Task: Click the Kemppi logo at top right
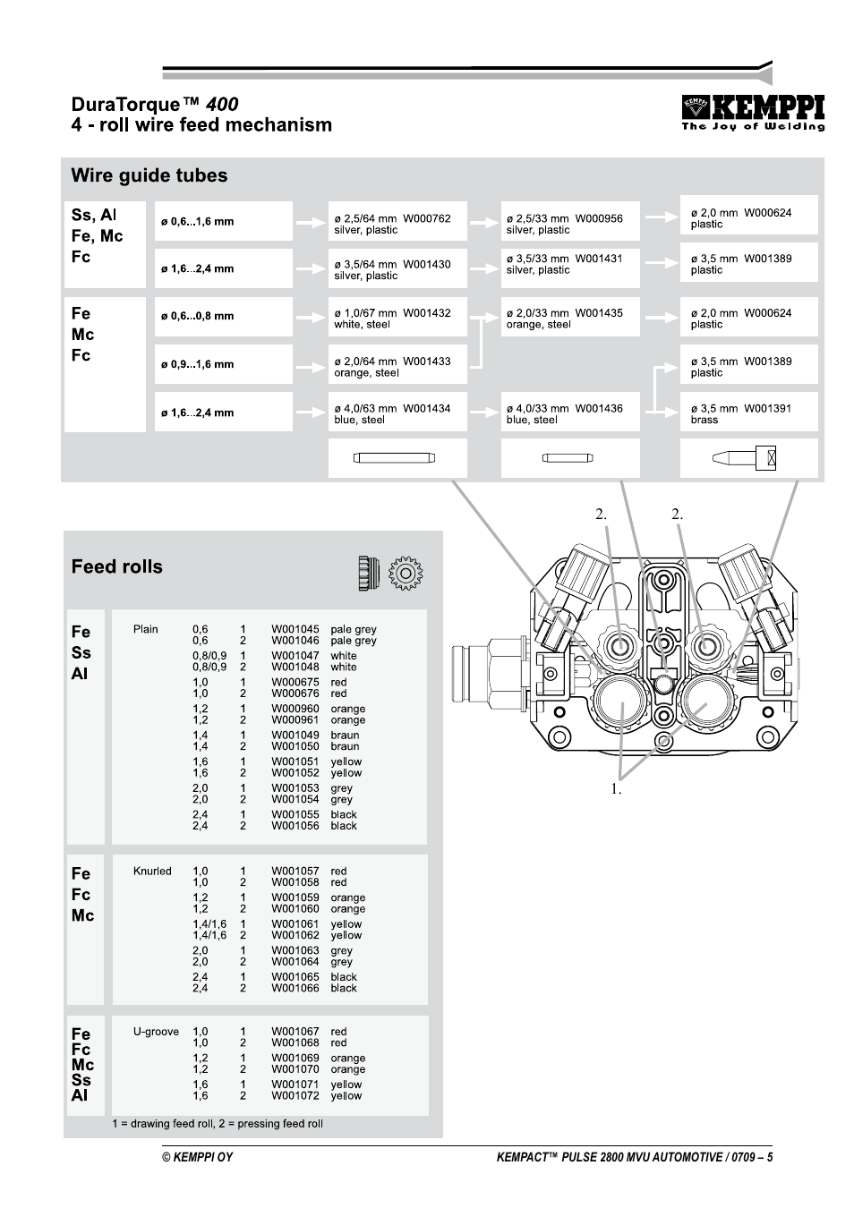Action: click(x=752, y=113)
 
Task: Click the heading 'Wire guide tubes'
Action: click(x=149, y=175)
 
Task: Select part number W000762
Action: click(x=426, y=218)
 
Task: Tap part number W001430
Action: click(x=426, y=265)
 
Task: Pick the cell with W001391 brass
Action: click(x=748, y=413)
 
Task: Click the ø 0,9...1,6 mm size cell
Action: click(x=223, y=364)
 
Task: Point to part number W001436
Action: click(x=598, y=409)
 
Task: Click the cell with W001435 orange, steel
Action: click(x=569, y=319)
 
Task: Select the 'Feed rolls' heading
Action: click(x=117, y=566)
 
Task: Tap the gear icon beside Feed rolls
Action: click(x=406, y=573)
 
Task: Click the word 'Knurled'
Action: click(x=152, y=872)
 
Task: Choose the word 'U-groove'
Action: click(x=156, y=1032)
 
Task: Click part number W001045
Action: click(x=295, y=630)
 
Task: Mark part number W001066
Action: click(x=295, y=989)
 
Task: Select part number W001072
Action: click(x=295, y=1096)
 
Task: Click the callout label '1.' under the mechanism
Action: click(x=616, y=789)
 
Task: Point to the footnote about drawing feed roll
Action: click(x=218, y=1124)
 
